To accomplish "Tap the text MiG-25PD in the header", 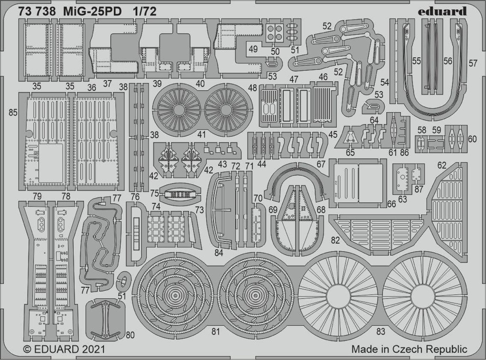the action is pyautogui.click(x=93, y=11).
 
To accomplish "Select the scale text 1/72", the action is pyautogui.click(x=145, y=11).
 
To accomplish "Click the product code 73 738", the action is pyautogui.click(x=37, y=11).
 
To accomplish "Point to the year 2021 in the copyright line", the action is pyautogui.click(x=92, y=350).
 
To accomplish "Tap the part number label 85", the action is pyautogui.click(x=13, y=113).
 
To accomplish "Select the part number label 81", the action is pyautogui.click(x=216, y=332).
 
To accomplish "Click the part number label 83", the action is pyautogui.click(x=381, y=332).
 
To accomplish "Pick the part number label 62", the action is pyautogui.click(x=441, y=165).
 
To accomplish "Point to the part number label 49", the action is pyautogui.click(x=253, y=49).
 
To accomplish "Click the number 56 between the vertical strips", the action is pyautogui.click(x=448, y=61).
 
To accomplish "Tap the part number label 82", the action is pyautogui.click(x=335, y=240).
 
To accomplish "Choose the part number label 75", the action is pyautogui.click(x=154, y=193).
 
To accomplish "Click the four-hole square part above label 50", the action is pyautogui.click(x=275, y=32).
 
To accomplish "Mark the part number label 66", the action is pyautogui.click(x=391, y=204).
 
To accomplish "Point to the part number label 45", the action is pyautogui.click(x=333, y=134).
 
